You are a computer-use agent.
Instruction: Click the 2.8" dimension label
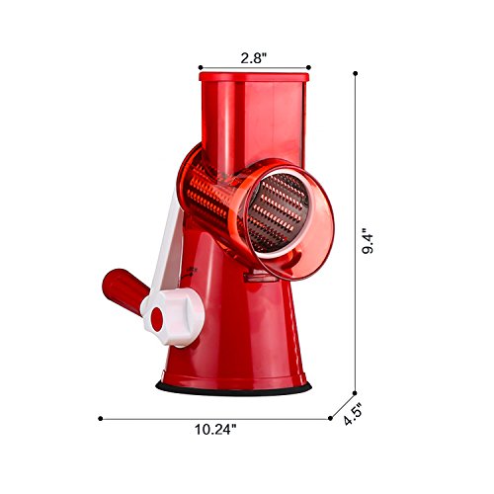(253, 58)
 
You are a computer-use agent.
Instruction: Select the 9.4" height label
(368, 241)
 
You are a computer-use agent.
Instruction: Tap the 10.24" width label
(215, 430)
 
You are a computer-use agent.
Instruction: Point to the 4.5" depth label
(353, 416)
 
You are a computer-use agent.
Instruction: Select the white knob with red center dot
(172, 317)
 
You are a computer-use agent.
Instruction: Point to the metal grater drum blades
(279, 209)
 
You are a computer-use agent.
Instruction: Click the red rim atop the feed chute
(254, 77)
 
